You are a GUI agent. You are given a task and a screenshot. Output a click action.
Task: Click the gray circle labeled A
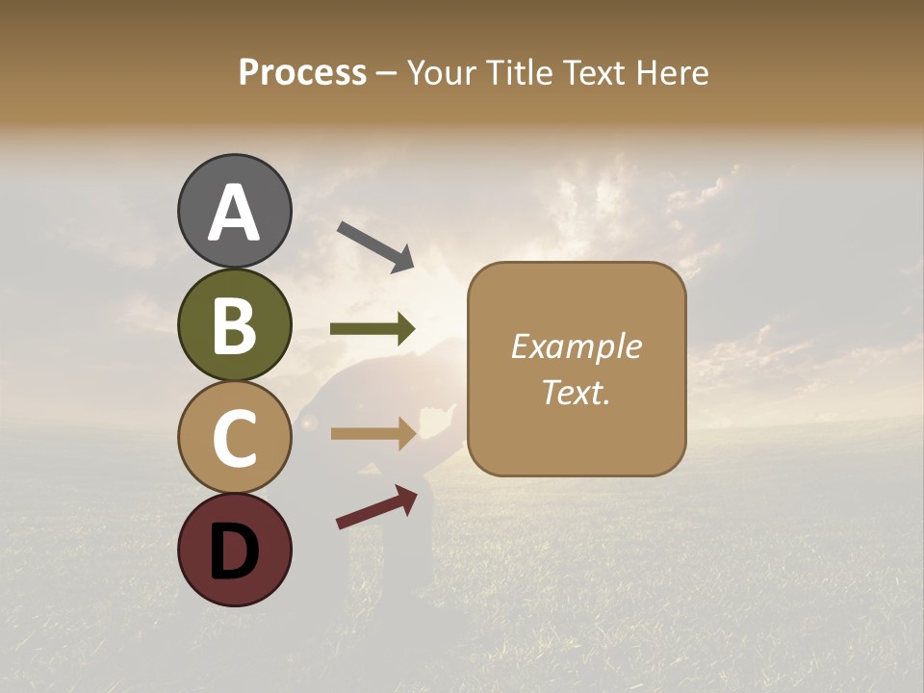[234, 211]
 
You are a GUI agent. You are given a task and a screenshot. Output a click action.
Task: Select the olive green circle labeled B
[234, 324]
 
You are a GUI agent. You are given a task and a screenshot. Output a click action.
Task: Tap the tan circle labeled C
[234, 437]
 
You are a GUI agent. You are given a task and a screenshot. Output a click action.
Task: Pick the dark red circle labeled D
[234, 550]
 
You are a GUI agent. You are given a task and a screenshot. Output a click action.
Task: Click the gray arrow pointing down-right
[375, 246]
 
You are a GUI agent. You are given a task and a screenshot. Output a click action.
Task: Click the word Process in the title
[302, 73]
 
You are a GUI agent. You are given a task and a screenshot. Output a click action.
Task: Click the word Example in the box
[576, 346]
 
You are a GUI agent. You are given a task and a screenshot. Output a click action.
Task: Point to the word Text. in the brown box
[576, 393]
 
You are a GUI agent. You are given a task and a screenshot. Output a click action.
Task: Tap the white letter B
[234, 325]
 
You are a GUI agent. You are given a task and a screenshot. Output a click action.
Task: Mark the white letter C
[234, 438]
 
